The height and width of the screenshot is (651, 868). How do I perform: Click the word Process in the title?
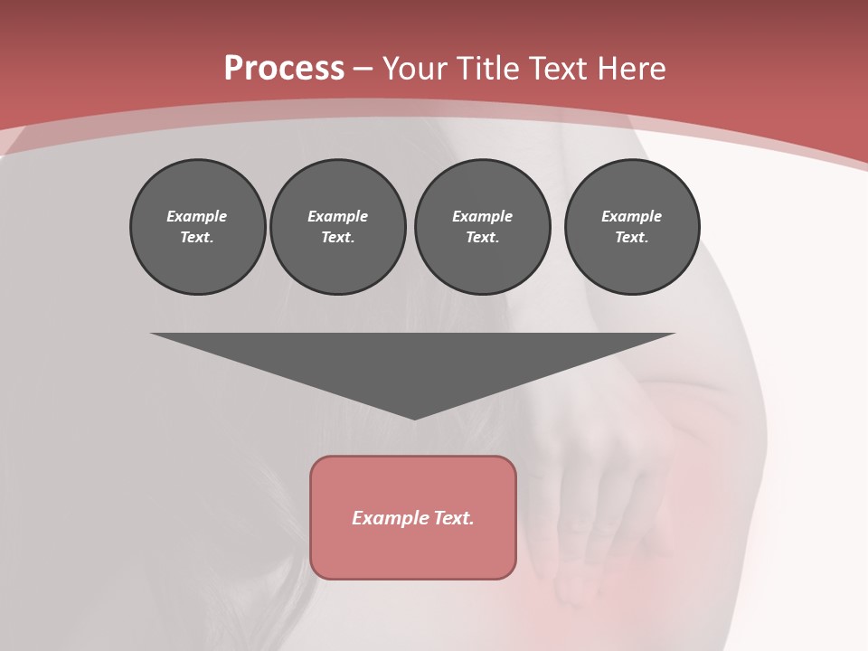coord(284,69)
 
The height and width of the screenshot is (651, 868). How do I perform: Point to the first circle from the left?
coord(198,227)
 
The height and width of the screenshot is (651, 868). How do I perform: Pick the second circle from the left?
coord(338,227)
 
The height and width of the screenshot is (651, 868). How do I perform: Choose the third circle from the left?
coord(483,227)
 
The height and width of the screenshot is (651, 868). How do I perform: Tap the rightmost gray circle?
coord(632,227)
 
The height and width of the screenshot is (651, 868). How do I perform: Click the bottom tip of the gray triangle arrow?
coord(414,417)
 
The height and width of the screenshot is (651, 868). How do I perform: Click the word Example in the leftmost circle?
coord(197,216)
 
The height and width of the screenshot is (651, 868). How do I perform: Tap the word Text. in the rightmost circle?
coord(632,238)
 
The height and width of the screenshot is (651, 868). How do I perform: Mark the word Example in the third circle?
coord(483,216)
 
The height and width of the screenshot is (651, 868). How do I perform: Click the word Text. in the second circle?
coord(338,238)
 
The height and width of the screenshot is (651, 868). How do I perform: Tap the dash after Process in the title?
coord(363,70)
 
